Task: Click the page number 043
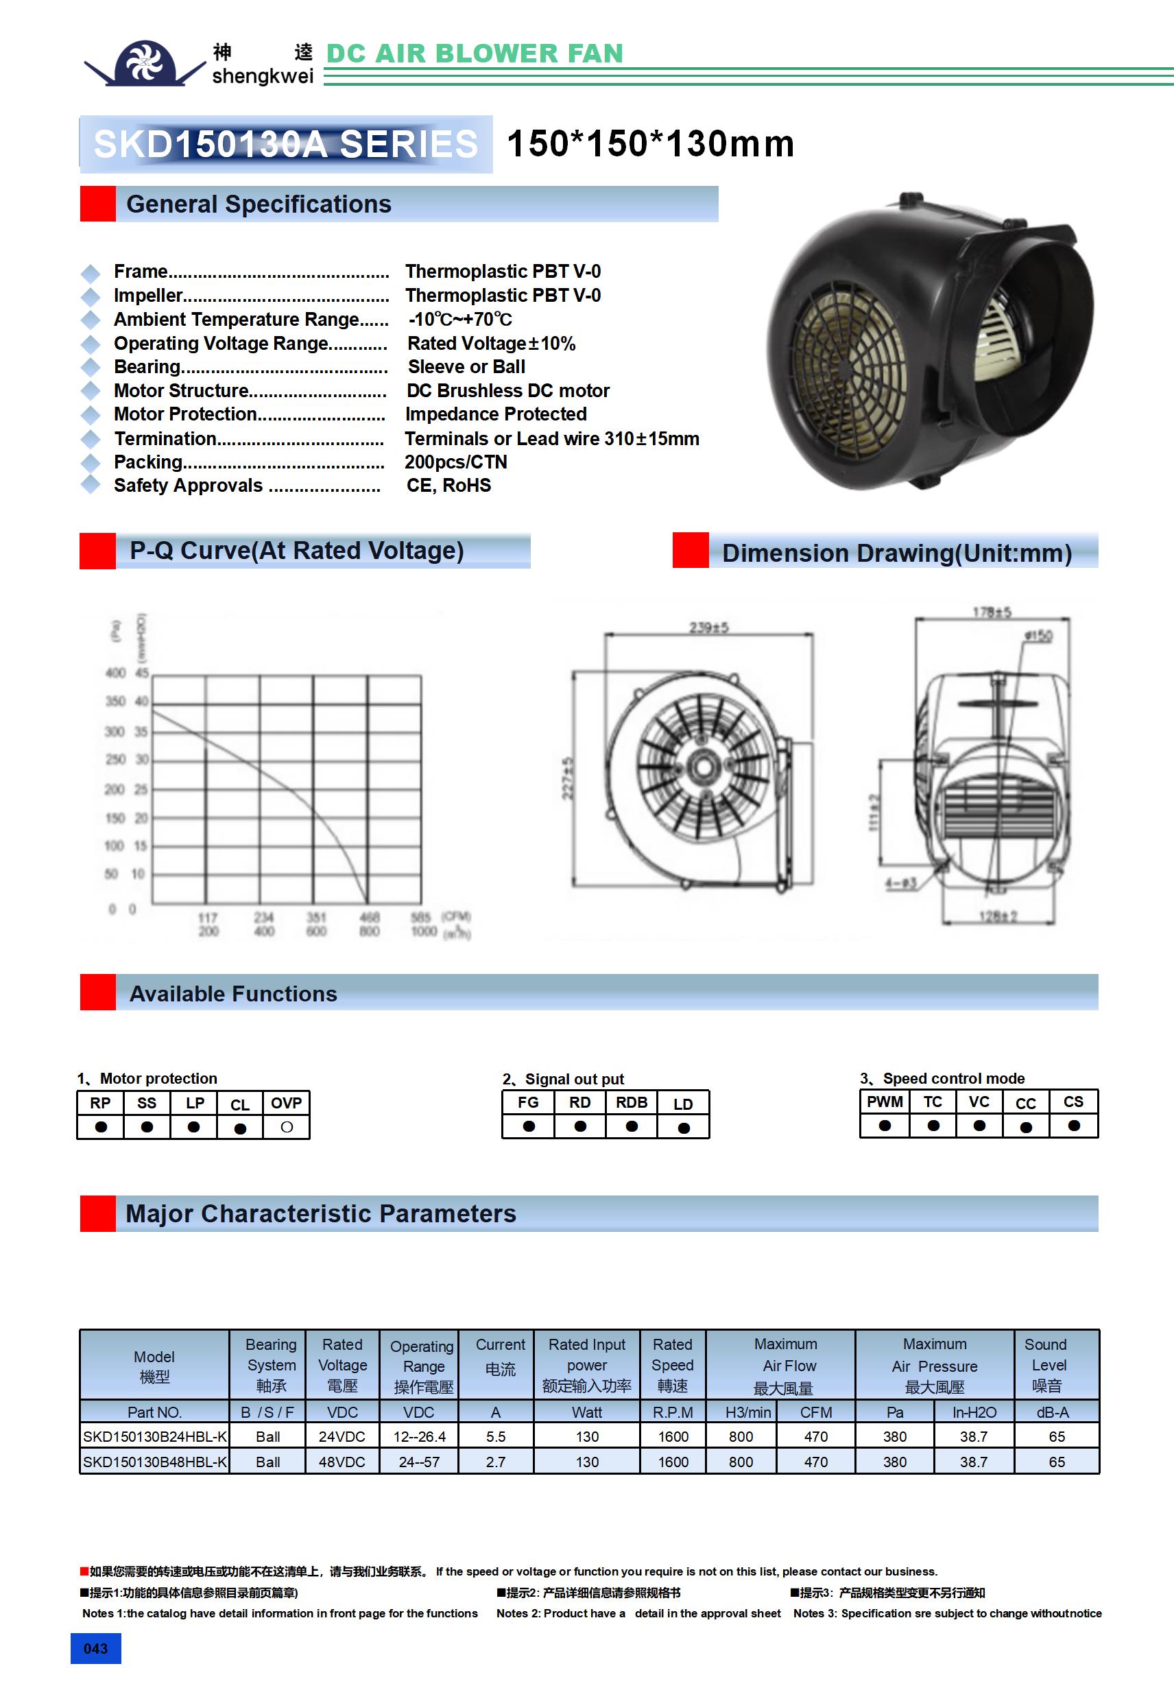pyautogui.click(x=95, y=1648)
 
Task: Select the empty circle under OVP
pyautogui.click(x=287, y=1126)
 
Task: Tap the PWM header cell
pyautogui.click(x=885, y=1102)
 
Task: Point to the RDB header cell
pyautogui.click(x=632, y=1102)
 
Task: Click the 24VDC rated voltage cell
pyautogui.click(x=342, y=1436)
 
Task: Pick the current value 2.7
pyautogui.click(x=496, y=1462)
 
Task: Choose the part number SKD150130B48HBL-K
pyautogui.click(x=154, y=1462)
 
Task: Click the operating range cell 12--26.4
pyautogui.click(x=419, y=1436)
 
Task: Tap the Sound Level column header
pyautogui.click(x=1047, y=1364)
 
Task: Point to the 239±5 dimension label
pyautogui.click(x=708, y=627)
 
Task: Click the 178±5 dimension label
pyautogui.click(x=992, y=612)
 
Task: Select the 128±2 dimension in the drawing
pyautogui.click(x=998, y=916)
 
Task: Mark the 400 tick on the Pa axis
pyautogui.click(x=115, y=673)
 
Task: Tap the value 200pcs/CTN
pyautogui.click(x=456, y=462)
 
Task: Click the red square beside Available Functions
pyautogui.click(x=98, y=992)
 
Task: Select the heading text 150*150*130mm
pyautogui.click(x=651, y=143)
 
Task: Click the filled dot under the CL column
pyautogui.click(x=239, y=1128)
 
